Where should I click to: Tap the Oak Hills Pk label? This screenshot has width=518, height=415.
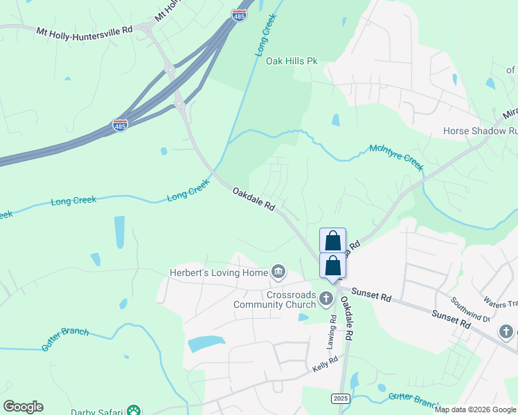point(292,62)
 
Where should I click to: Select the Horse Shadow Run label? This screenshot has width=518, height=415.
point(480,131)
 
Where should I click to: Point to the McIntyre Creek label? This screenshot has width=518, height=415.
point(396,156)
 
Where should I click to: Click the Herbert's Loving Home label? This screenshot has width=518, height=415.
point(218,273)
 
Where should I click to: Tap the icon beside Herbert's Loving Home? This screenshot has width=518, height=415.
point(278,271)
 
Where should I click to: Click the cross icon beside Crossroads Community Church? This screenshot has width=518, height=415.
point(327,298)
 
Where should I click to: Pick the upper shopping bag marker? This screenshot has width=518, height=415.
point(333,241)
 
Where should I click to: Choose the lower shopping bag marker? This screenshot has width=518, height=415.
point(333,266)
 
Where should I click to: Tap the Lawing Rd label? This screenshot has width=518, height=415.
point(333,331)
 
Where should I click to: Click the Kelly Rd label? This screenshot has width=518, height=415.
point(324,364)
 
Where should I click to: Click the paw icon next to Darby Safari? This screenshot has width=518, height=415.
point(134,410)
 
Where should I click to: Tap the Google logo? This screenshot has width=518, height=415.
point(23,406)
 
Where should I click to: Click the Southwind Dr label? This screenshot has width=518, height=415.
point(470,310)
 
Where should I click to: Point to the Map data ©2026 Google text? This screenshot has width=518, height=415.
point(475,409)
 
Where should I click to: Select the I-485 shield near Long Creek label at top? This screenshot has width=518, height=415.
point(238,15)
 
